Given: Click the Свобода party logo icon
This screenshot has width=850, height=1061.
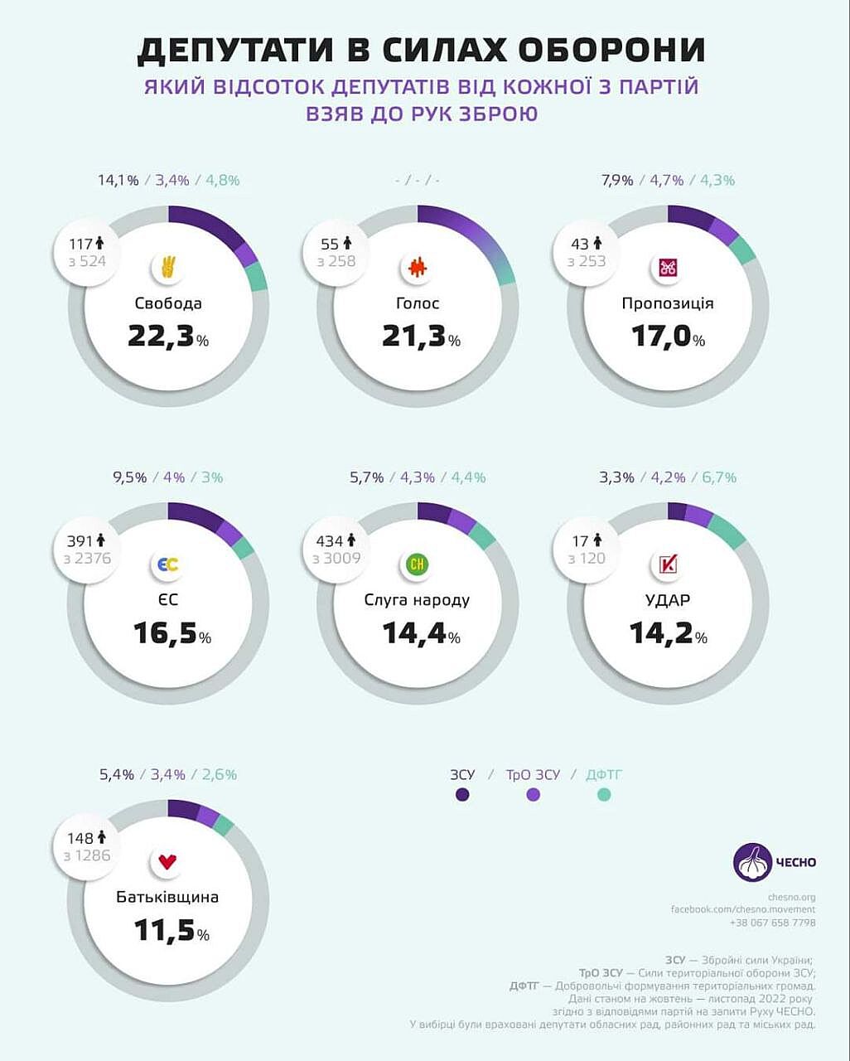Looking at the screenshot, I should tap(168, 268).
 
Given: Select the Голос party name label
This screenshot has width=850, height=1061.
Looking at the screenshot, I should tap(418, 303).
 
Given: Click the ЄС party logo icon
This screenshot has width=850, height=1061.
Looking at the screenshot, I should tap(167, 565).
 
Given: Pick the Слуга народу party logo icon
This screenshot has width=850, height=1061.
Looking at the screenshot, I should tap(418, 565).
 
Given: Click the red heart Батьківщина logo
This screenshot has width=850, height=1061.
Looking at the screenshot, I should tap(168, 862).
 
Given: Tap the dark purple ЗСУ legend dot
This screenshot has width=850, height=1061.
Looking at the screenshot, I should tap(462, 794).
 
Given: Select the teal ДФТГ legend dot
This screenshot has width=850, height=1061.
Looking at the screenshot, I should tap(604, 794).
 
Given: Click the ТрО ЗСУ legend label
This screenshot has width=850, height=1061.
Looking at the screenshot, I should tap(533, 775).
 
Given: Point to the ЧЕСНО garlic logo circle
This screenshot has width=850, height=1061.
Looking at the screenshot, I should tap(752, 862).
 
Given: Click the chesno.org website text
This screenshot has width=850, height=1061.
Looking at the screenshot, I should tap(791, 897).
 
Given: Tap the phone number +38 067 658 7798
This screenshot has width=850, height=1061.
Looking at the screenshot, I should tap(772, 923).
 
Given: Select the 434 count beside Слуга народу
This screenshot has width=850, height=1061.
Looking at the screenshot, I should tap(329, 541).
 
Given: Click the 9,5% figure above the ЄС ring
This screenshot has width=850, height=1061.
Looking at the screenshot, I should tap(129, 477).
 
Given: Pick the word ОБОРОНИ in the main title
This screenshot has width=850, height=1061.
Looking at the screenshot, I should tap(611, 51).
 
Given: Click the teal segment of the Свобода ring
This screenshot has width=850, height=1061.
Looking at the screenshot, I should tap(258, 277).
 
